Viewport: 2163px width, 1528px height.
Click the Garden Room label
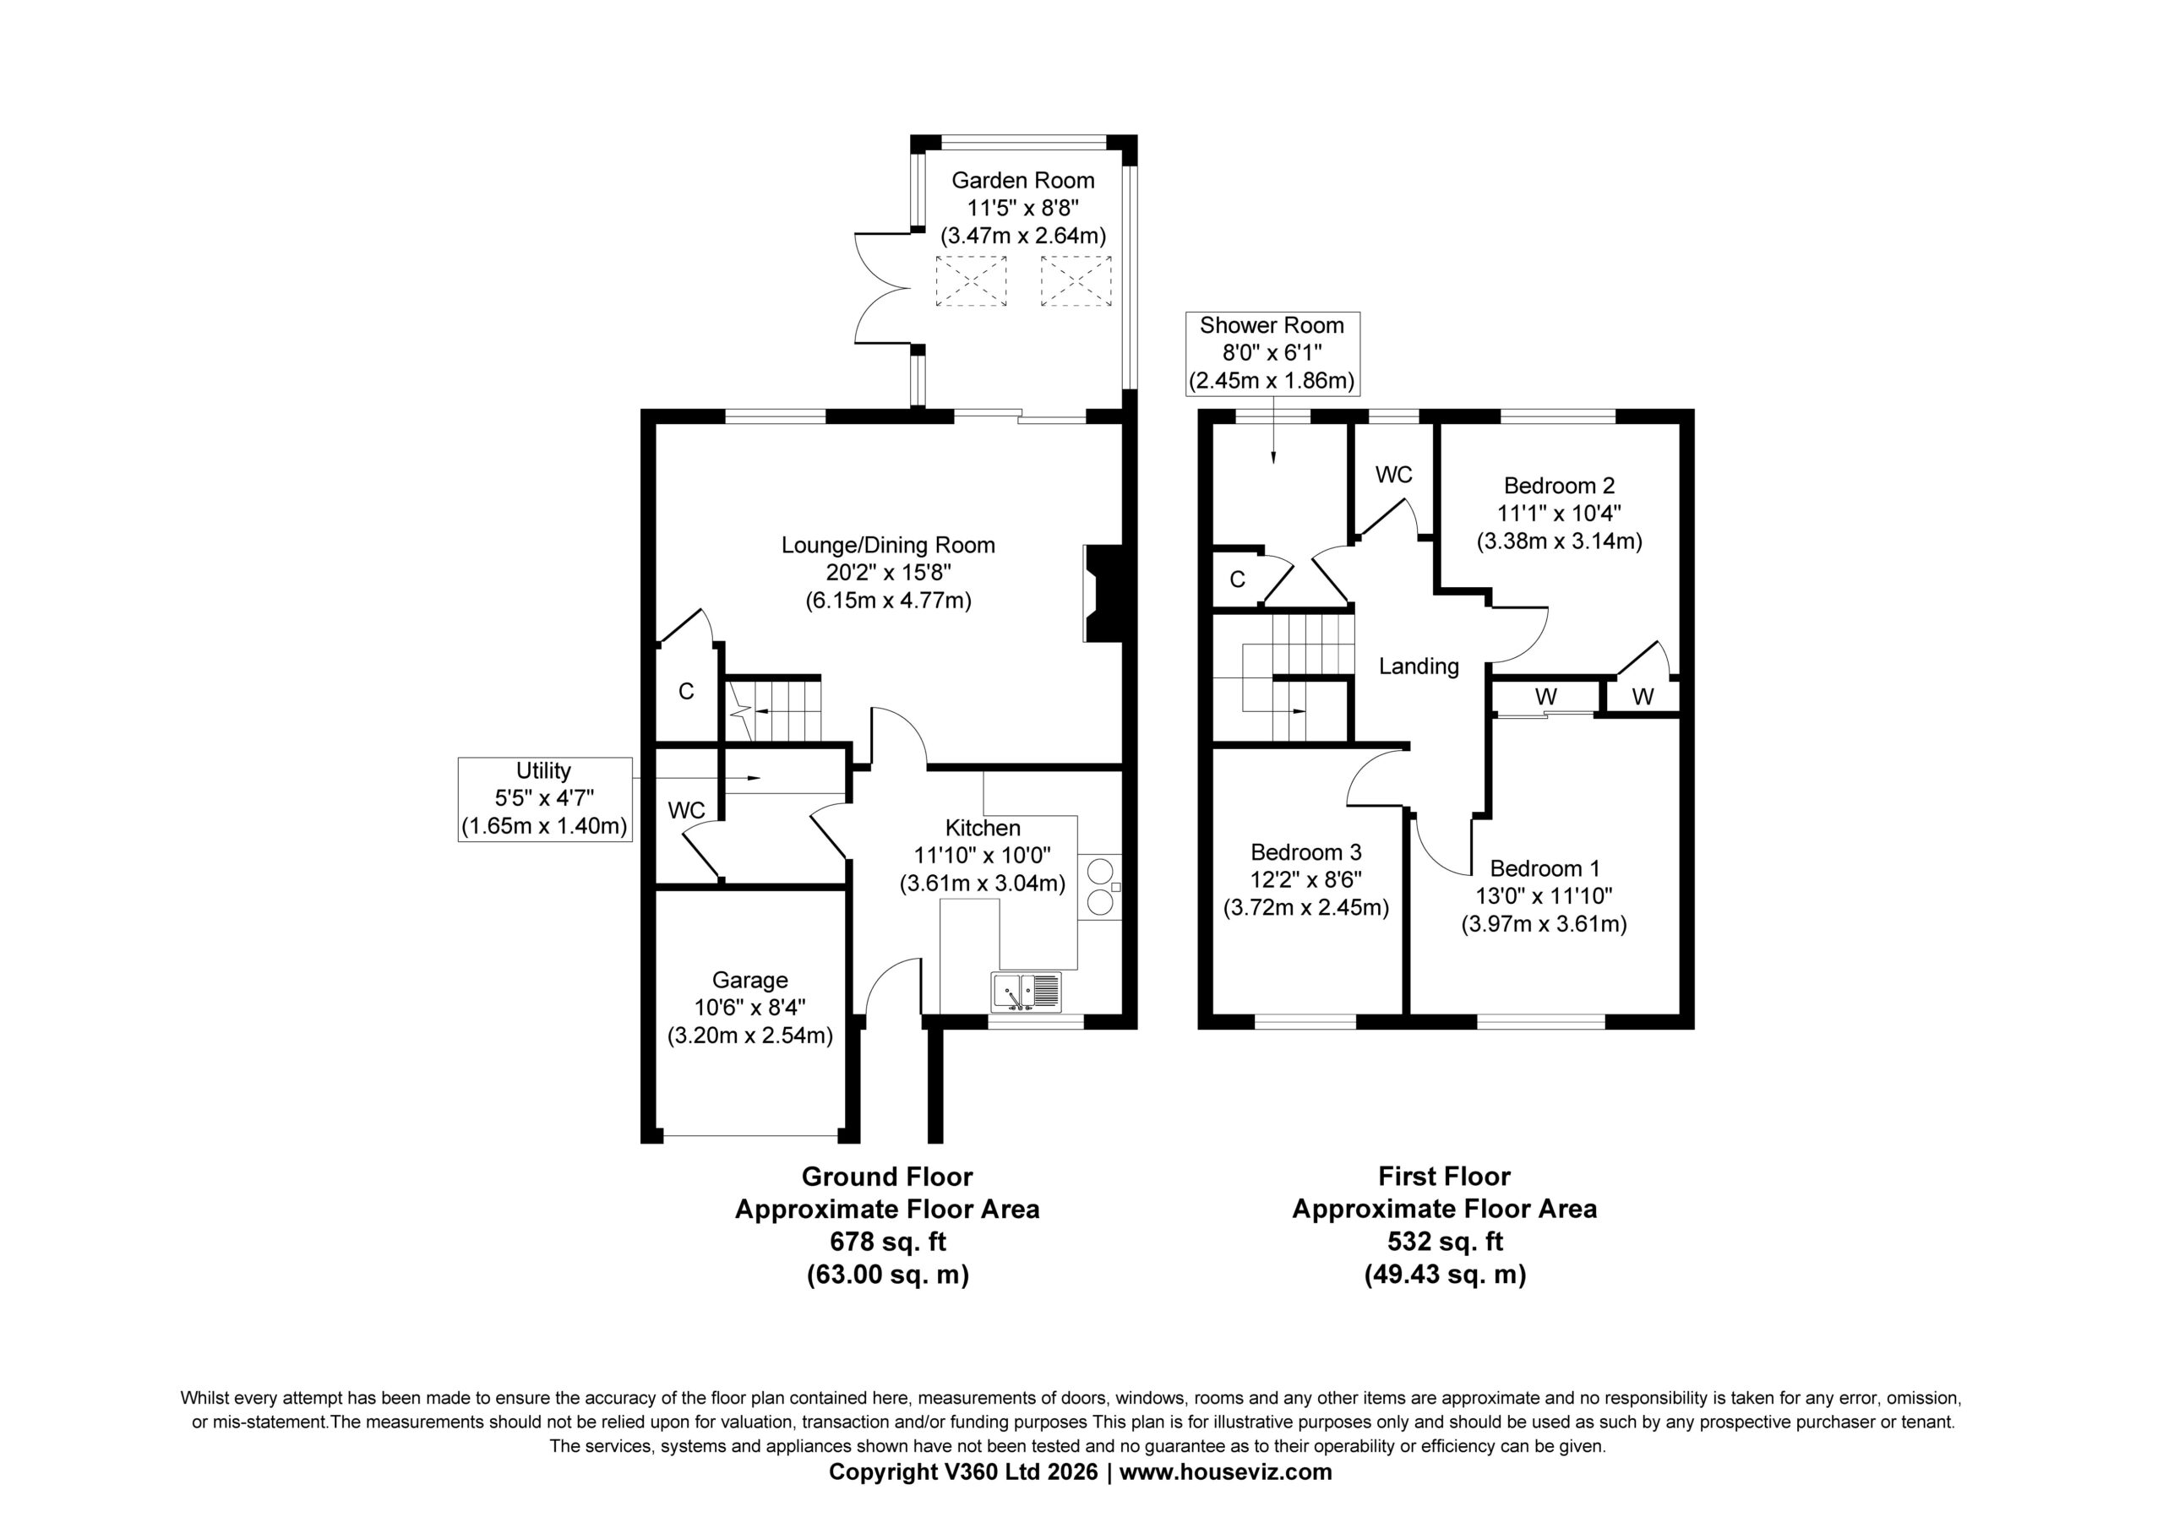coord(1022,180)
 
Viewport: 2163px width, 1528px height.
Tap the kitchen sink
coord(1026,992)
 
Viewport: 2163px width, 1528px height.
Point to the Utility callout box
coord(544,799)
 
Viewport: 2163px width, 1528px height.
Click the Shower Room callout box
coord(1271,353)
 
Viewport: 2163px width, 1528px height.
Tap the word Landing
coord(1419,667)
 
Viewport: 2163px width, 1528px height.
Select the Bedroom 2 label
coord(1559,486)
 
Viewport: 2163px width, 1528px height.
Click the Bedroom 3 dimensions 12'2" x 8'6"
coord(1305,880)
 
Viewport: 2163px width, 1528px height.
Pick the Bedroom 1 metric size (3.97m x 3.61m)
coord(1544,924)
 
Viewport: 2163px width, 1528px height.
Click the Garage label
coord(750,980)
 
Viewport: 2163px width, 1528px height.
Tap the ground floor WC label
coord(686,810)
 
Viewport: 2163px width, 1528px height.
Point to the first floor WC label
coord(1393,475)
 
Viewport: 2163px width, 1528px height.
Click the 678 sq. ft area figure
coord(886,1242)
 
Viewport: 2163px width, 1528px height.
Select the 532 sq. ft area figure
coord(1444,1242)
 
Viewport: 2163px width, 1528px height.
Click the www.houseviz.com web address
coord(1226,1471)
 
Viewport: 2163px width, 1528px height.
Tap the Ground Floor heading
coord(886,1177)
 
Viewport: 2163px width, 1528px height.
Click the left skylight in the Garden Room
coord(970,280)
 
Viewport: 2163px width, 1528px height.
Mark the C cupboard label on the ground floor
coord(686,692)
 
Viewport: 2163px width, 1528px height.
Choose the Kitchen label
coord(983,828)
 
